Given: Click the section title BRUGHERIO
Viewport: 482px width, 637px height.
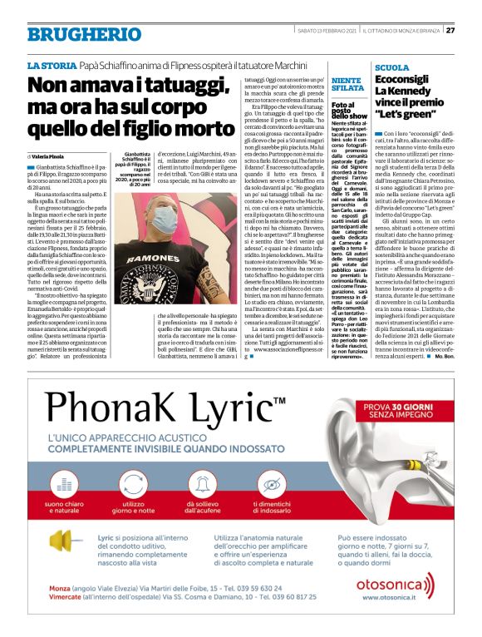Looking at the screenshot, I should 72,35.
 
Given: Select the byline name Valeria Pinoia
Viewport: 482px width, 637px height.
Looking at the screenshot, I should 47,156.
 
